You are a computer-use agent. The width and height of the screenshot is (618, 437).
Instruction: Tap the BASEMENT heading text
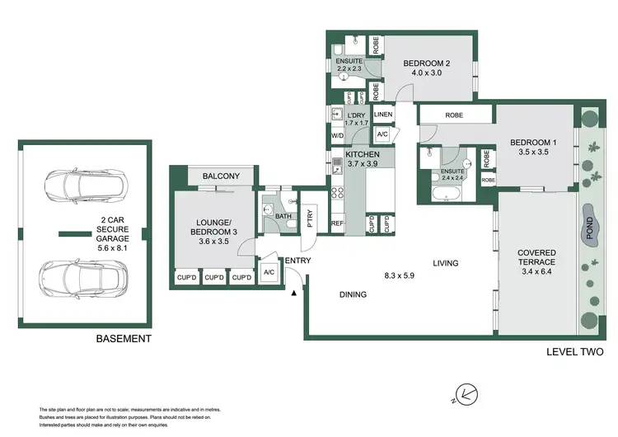pos(124,339)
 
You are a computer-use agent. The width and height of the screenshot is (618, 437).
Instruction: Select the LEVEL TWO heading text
pos(575,352)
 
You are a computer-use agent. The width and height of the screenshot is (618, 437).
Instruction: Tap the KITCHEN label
pos(362,154)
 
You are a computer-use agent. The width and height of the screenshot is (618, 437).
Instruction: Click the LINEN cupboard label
pos(382,115)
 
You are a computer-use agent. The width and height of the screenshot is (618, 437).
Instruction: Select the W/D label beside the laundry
pos(337,135)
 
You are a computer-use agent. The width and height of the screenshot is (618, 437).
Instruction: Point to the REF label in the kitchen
pos(337,223)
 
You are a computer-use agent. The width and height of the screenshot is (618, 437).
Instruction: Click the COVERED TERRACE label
pos(536,257)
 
